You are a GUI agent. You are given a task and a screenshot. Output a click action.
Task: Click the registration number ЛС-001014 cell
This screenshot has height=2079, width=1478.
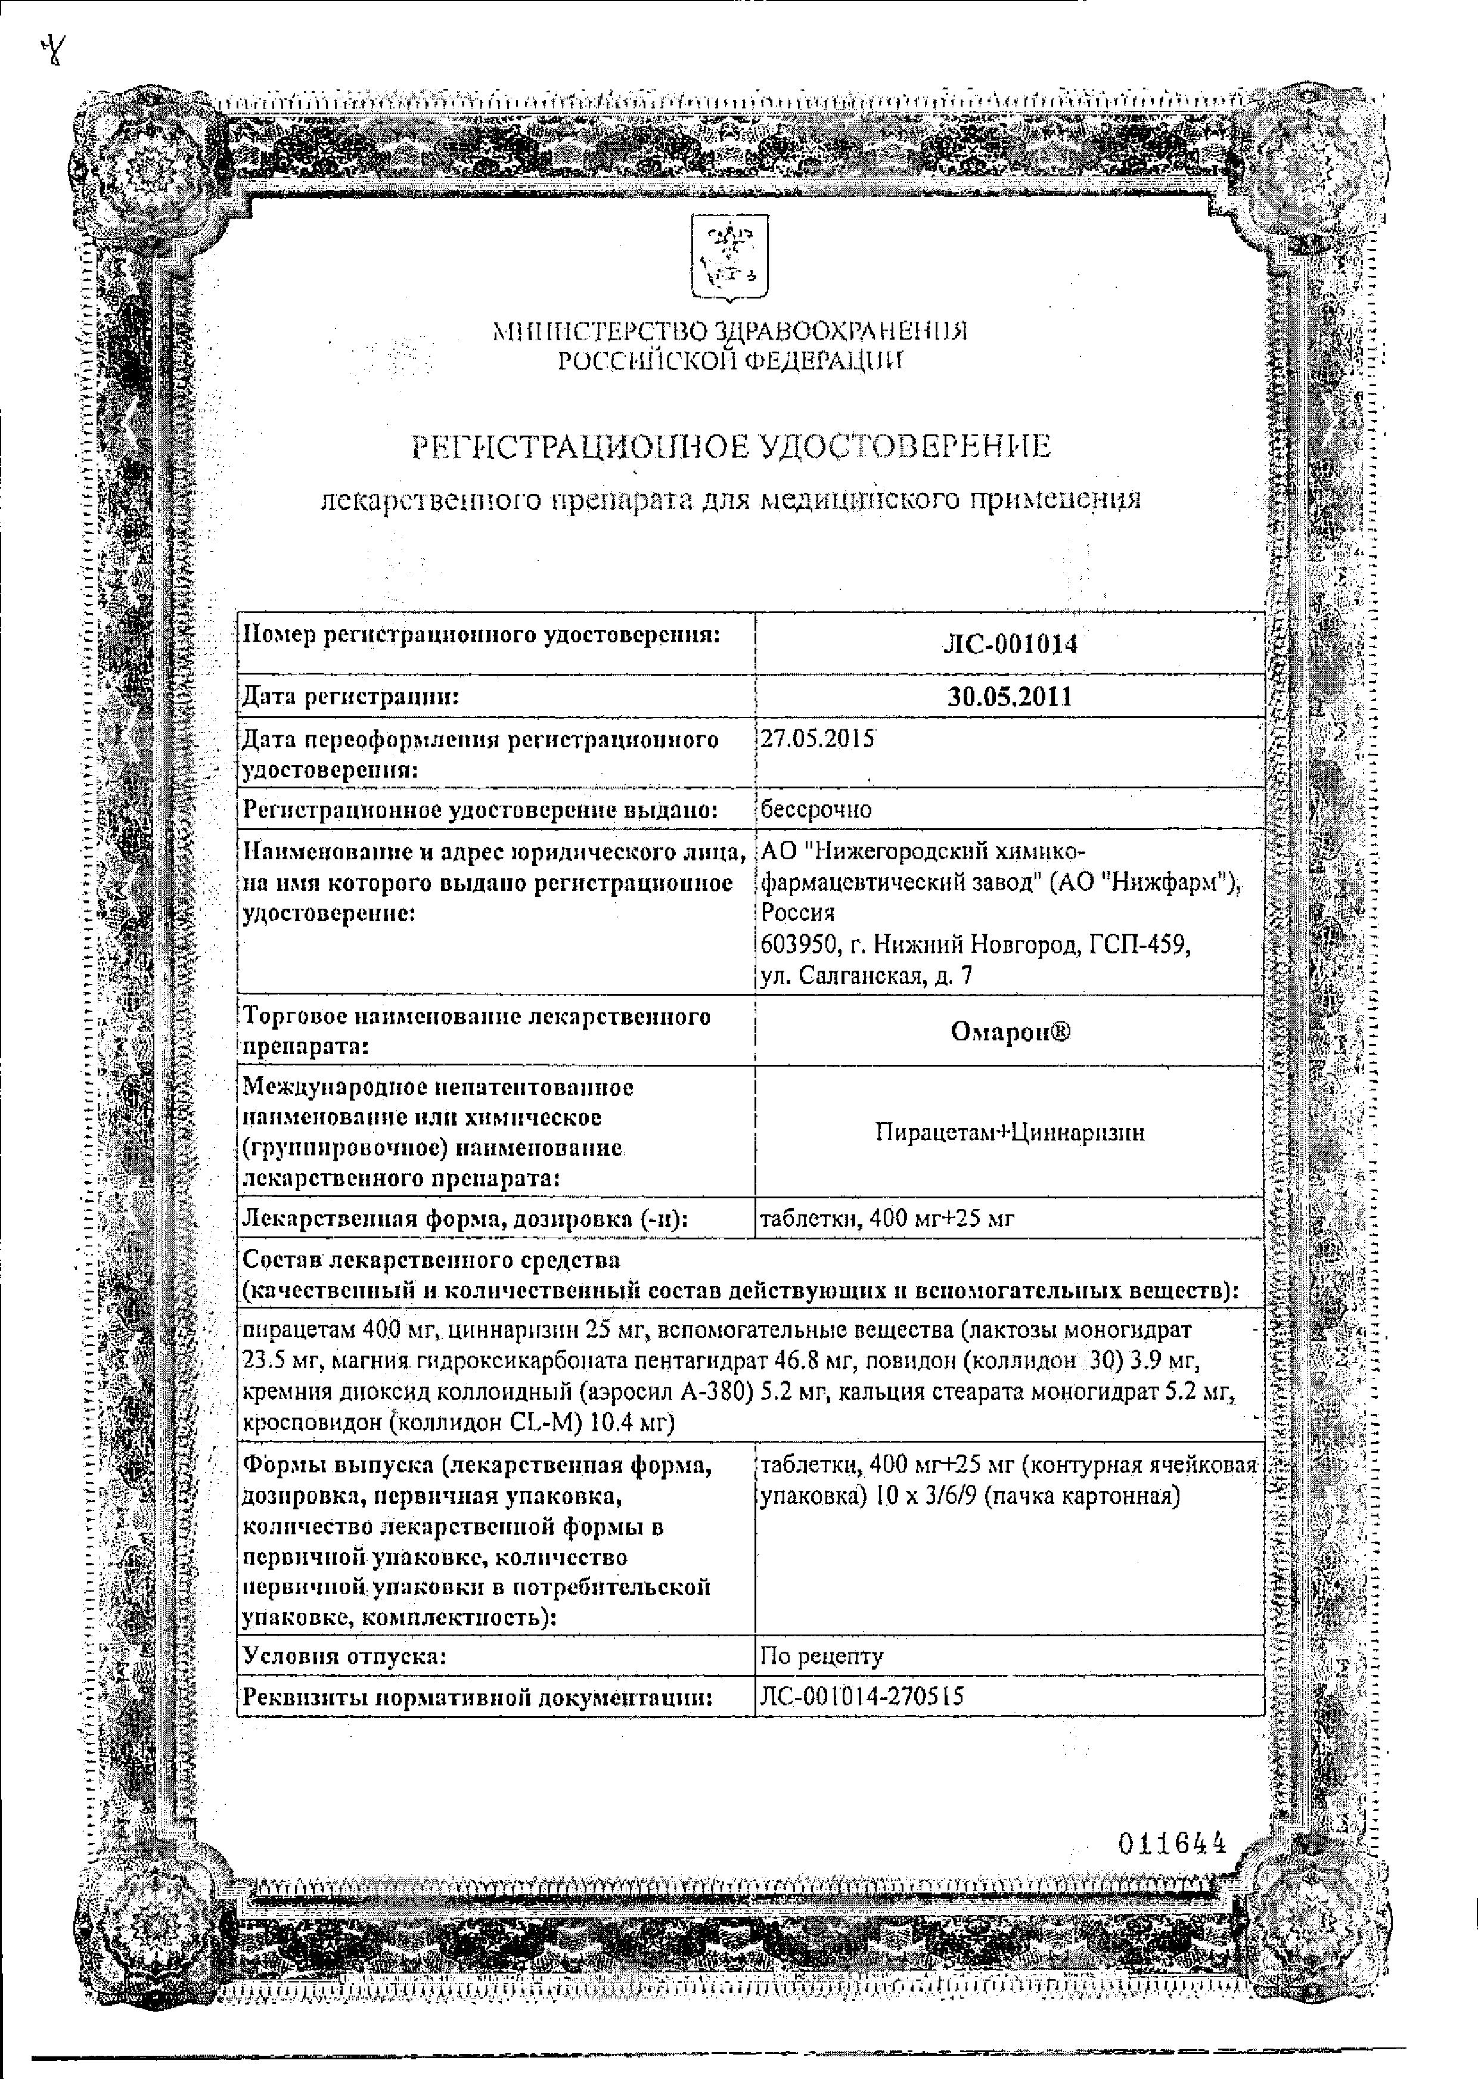1010,644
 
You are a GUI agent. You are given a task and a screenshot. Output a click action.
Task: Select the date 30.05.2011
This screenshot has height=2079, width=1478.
1010,697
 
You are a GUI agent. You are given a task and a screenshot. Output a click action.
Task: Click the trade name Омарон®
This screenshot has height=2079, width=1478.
1010,1031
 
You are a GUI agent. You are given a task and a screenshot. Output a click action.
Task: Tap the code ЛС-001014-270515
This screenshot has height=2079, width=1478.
861,1696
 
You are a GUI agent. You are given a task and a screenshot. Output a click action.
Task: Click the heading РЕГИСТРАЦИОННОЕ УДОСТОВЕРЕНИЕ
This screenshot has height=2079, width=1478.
731,447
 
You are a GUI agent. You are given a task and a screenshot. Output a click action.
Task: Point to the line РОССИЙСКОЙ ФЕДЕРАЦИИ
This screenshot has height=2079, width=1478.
731,361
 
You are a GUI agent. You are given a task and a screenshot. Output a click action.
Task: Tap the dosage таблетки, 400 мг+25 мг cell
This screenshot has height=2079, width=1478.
886,1219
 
